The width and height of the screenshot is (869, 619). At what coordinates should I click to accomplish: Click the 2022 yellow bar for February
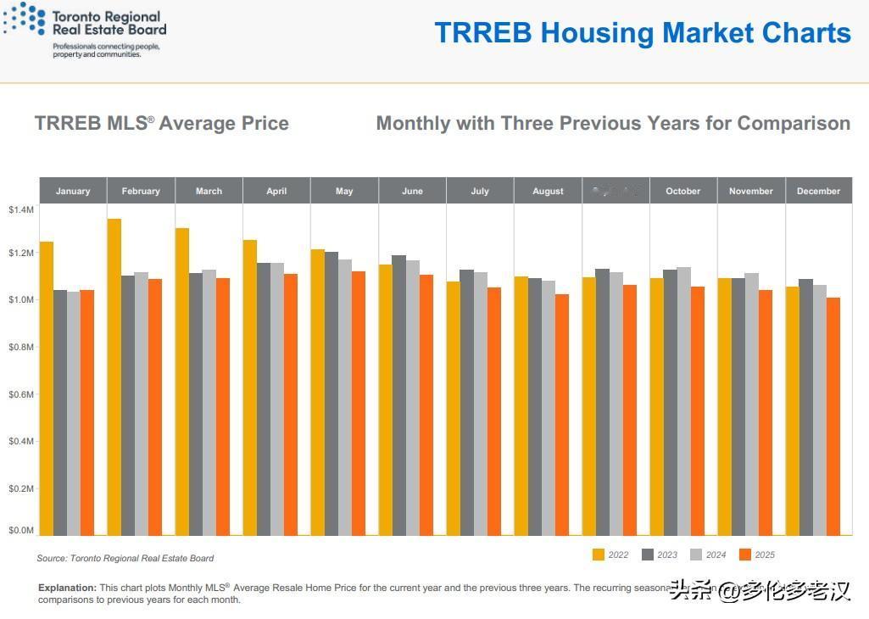click(114, 376)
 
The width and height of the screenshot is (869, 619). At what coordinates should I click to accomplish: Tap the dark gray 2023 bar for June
click(398, 395)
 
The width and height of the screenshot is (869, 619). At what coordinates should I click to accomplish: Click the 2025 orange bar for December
click(833, 415)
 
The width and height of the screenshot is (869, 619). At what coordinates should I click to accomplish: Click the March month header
click(209, 191)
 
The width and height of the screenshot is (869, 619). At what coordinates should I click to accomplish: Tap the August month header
click(548, 191)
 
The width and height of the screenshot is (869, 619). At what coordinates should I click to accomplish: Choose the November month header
click(751, 191)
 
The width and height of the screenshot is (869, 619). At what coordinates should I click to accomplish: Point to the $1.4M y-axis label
click(21, 209)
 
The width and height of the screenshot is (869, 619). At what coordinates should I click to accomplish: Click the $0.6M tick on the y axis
click(21, 394)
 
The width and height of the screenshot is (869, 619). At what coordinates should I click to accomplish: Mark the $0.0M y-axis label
click(21, 531)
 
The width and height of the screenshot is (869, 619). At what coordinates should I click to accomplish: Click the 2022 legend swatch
click(598, 555)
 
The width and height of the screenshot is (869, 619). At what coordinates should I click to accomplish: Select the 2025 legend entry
click(756, 555)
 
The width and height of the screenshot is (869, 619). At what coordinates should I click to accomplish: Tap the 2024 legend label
click(716, 555)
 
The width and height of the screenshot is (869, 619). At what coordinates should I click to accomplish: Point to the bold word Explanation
click(67, 588)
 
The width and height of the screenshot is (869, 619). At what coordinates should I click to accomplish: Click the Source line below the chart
click(125, 558)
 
